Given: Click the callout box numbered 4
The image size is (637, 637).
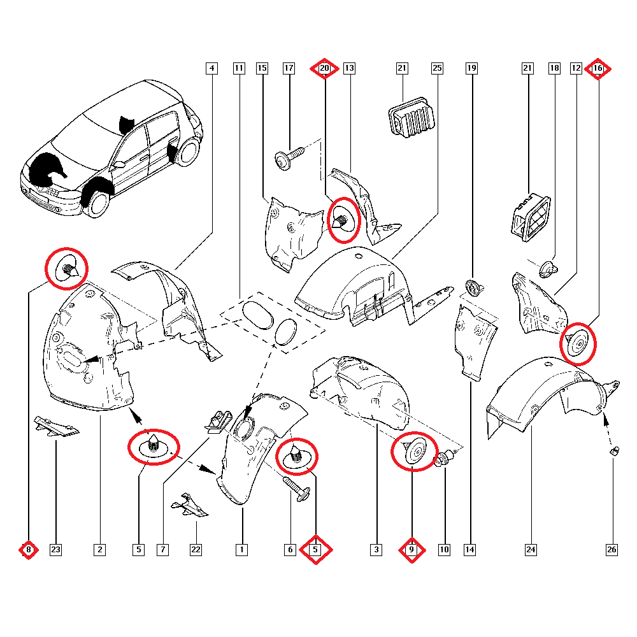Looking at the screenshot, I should (212, 68).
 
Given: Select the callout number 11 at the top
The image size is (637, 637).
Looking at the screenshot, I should (238, 68).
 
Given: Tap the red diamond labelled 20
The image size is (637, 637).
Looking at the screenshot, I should (324, 68).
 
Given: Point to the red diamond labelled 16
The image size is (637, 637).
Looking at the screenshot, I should (598, 68).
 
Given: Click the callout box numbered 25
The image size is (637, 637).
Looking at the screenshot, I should (436, 68).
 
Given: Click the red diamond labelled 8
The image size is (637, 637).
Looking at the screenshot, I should (29, 549).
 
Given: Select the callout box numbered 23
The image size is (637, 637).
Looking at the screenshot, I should (55, 549).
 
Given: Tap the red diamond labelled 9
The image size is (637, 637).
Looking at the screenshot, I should (412, 549).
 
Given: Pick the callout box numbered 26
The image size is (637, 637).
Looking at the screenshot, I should (612, 549).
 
